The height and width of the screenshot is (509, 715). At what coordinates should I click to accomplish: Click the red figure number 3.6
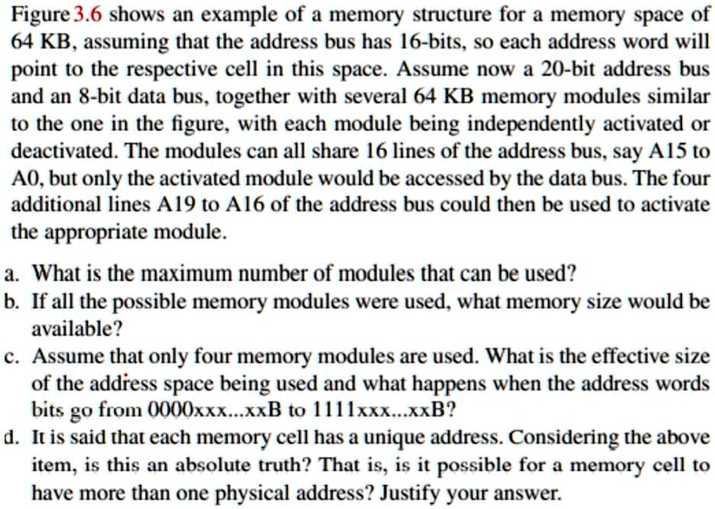(88, 14)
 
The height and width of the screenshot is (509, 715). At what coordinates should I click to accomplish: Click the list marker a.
(12, 275)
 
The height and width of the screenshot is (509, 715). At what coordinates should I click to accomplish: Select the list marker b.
(12, 301)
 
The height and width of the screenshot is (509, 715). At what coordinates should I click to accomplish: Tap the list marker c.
(12, 356)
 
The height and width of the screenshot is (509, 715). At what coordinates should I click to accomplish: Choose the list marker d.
(12, 437)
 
